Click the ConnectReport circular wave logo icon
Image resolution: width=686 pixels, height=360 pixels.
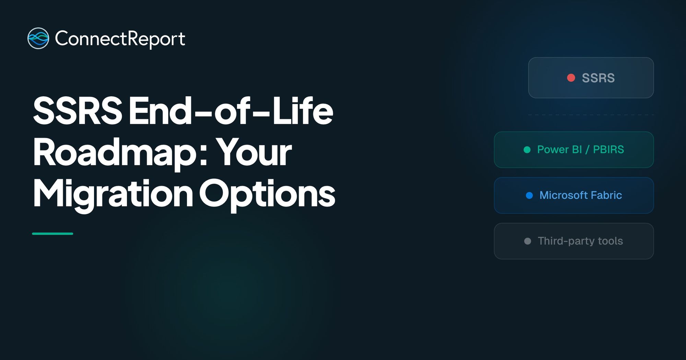pos(38,38)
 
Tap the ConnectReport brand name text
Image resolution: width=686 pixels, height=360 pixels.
pos(120,39)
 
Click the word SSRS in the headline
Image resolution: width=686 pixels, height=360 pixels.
pos(78,111)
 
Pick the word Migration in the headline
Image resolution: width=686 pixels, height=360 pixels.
pos(113,194)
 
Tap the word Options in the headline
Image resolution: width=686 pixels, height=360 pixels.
pos(267,194)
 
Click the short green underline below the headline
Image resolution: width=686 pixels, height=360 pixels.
pos(52,234)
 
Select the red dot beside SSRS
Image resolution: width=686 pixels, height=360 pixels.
pos(571,78)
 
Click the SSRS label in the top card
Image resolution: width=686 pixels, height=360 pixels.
pos(598,78)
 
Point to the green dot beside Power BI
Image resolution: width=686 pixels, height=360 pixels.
pos(527,150)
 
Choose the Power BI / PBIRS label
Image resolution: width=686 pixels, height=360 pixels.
pos(580,149)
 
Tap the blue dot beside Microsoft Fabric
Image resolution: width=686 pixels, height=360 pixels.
pos(529,195)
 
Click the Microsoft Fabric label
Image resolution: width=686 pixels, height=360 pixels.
pos(581,195)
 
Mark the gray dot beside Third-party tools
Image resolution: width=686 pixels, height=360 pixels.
pos(528,241)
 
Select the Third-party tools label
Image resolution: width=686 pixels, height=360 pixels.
pos(580,241)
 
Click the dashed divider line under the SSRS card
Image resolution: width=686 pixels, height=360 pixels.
pos(591,115)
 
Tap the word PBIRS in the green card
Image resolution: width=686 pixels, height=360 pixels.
pos(608,149)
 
